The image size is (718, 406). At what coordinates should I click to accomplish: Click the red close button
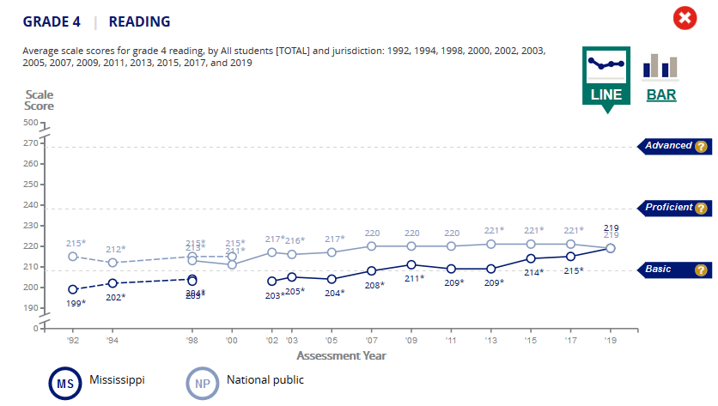point(685,19)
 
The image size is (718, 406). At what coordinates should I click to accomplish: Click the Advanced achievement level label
point(669,146)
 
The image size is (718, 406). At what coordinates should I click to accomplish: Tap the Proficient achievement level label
point(669,208)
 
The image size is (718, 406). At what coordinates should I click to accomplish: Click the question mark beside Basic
point(701,270)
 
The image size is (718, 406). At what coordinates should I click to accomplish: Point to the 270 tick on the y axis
point(32,143)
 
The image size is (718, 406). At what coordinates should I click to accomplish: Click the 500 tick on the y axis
point(32,124)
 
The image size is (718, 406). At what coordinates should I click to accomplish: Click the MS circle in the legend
point(65,383)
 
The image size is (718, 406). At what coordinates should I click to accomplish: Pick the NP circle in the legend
point(203,383)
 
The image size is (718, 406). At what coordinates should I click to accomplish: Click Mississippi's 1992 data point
point(73,289)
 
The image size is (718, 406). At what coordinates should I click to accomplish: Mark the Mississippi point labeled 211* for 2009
point(411,264)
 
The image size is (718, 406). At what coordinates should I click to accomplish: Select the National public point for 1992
point(73,256)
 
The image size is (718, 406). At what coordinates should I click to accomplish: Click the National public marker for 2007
point(372,245)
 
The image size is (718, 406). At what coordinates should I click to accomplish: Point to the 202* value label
point(115,297)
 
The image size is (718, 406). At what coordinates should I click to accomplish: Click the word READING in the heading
point(139,21)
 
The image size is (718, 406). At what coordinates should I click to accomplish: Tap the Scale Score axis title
point(39,100)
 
